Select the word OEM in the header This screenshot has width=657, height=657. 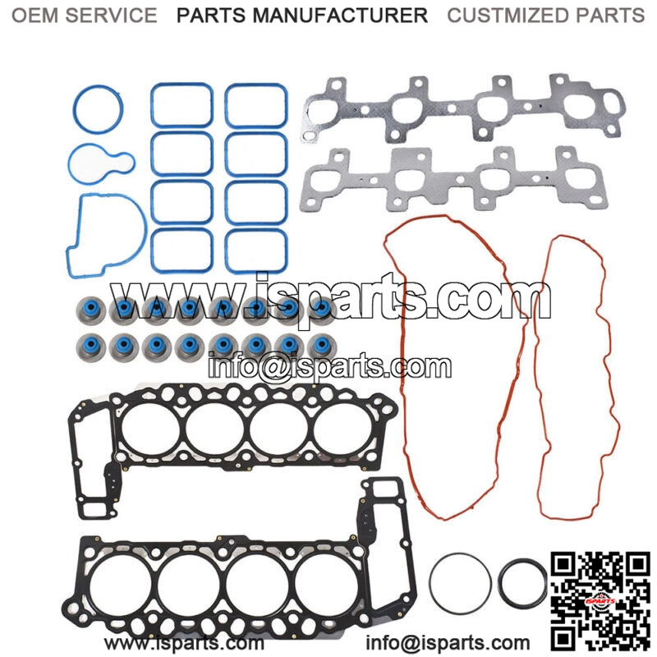(x=35, y=15)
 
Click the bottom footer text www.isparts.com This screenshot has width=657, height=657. (x=185, y=642)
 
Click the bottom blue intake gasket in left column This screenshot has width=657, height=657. (x=181, y=250)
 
